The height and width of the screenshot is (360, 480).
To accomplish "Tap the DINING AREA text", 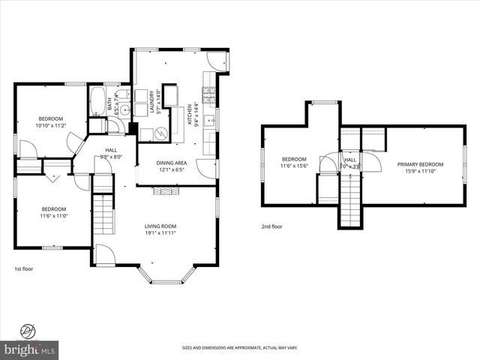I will pyautogui.click(x=170, y=163).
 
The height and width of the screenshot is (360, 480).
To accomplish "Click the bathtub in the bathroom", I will pyautogui.click(x=97, y=102).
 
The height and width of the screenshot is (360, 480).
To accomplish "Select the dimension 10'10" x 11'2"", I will pyautogui.click(x=51, y=125).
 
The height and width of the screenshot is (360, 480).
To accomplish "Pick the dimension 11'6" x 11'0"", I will pyautogui.click(x=54, y=215).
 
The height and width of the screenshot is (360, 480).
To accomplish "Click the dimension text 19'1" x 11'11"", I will pyautogui.click(x=160, y=232).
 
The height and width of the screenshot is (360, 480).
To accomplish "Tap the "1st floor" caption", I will pyautogui.click(x=24, y=268).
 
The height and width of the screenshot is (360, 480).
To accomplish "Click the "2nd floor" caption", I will pyautogui.click(x=271, y=226).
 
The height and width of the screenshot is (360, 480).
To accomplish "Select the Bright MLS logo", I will pyautogui.click(x=30, y=349).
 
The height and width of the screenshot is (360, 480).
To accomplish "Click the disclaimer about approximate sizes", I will pyautogui.click(x=239, y=348).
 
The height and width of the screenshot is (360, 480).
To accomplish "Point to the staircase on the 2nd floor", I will pyautogui.click(x=350, y=198).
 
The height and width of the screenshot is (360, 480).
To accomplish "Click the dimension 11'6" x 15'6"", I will pyautogui.click(x=294, y=165).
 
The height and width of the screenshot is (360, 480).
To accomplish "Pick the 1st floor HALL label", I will pyautogui.click(x=111, y=150).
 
